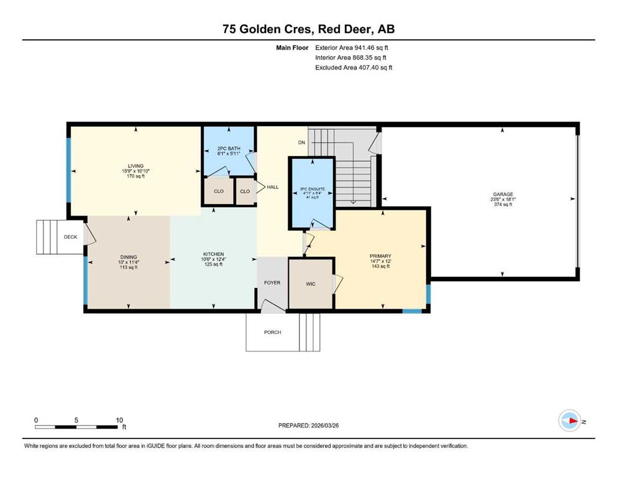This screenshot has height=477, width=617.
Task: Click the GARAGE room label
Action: point(503,194)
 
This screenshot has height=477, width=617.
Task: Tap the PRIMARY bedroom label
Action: point(380,256)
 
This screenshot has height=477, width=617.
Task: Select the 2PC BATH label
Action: point(229,148)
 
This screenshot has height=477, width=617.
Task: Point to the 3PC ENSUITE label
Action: point(313,189)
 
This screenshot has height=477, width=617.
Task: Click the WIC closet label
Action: point(311,284)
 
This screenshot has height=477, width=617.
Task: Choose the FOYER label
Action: point(272,283)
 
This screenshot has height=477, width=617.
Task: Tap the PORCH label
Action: point(272,332)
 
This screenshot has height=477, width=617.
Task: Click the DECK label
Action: point(70,237)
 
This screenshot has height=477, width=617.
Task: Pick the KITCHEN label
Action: point(213,255)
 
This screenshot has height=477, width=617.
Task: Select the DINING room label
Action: point(129,257)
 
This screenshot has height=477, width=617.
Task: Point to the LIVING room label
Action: point(135,166)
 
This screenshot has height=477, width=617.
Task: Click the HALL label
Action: point(273,187)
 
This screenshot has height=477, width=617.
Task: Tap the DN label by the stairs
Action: point(301,143)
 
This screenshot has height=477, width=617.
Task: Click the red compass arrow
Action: point(573,421)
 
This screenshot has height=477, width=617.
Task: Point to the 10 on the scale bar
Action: point(119,420)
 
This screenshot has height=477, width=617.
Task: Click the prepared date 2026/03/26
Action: point(324,425)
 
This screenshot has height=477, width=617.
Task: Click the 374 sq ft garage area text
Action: point(503,204)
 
